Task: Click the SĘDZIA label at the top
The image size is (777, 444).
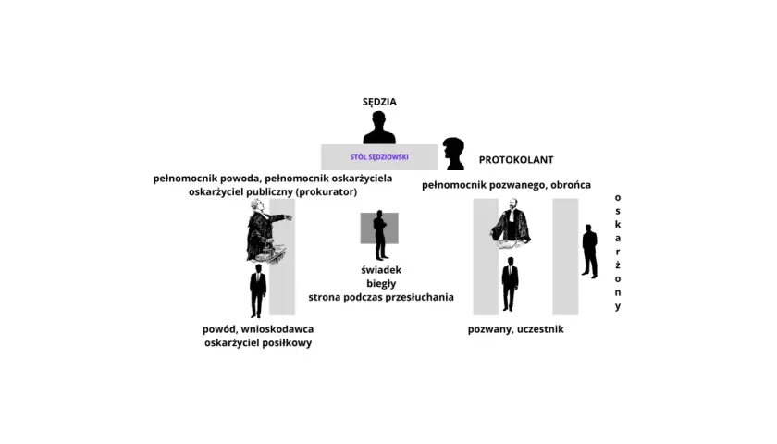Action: (x=379, y=102)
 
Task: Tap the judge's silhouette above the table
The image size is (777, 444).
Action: (x=379, y=128)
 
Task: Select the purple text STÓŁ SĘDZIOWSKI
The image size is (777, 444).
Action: (x=379, y=157)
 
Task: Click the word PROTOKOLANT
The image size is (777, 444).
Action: (x=516, y=159)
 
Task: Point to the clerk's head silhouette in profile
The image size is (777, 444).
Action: (x=453, y=154)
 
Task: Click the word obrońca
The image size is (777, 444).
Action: (x=571, y=185)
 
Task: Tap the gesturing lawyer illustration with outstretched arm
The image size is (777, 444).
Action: (x=266, y=230)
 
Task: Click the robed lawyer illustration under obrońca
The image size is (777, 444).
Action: (x=511, y=224)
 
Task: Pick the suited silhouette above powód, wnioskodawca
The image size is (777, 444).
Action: (x=258, y=290)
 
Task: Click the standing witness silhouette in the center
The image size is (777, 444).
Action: (x=380, y=235)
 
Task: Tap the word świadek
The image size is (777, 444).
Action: (x=381, y=270)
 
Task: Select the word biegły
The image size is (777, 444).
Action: (x=381, y=283)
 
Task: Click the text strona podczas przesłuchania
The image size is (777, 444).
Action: (x=381, y=297)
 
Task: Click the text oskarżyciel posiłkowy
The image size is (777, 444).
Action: (x=258, y=343)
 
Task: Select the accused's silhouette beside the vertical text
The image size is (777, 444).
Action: (x=590, y=252)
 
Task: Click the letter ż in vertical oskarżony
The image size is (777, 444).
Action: (x=618, y=265)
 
